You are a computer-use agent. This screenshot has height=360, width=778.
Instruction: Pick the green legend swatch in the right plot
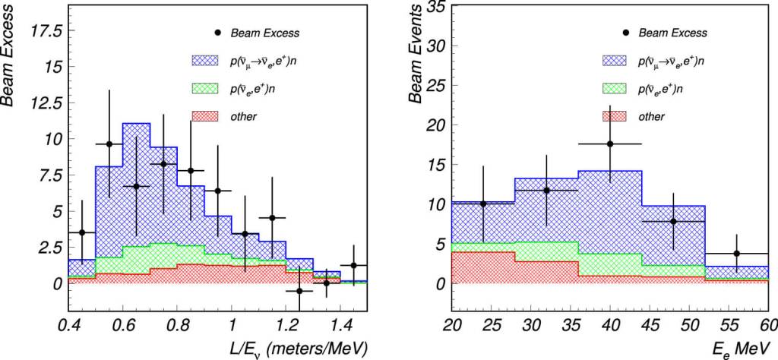(619, 89)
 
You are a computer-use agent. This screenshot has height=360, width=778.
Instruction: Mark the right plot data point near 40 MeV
(610, 144)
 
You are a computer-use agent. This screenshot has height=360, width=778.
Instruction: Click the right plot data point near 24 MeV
(482, 204)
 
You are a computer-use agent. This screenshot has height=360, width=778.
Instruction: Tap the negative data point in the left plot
(299, 291)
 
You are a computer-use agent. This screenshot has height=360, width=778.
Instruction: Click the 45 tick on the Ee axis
(642, 324)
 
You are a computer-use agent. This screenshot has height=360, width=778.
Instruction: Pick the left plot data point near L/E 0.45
(82, 232)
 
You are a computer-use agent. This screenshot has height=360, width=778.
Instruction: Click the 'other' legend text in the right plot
(652, 116)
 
